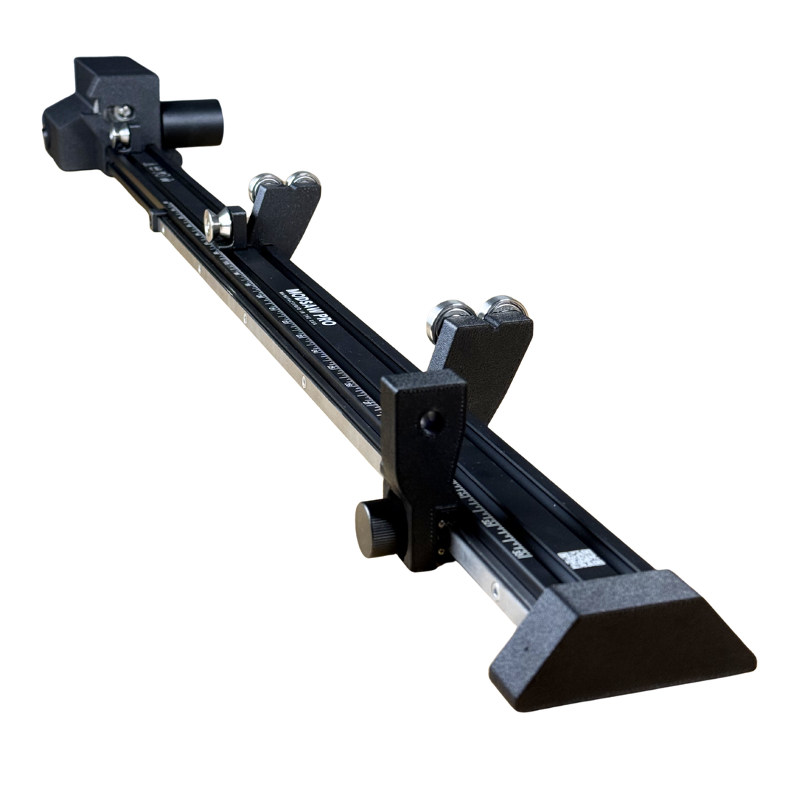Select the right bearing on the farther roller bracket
[301, 180]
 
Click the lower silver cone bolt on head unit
[119, 135]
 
